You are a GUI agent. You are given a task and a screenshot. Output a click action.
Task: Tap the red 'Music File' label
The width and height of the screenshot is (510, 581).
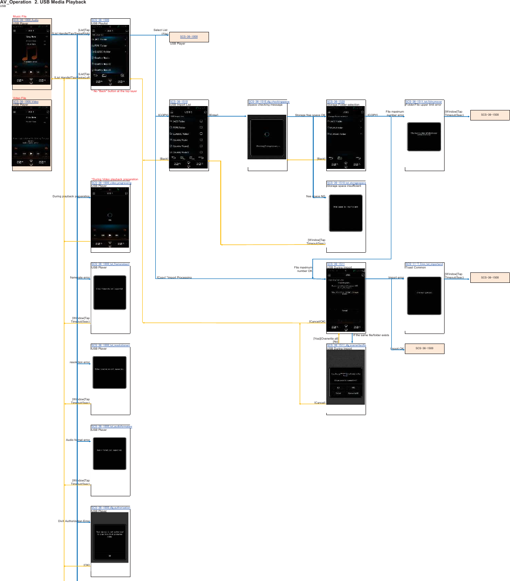(20, 17)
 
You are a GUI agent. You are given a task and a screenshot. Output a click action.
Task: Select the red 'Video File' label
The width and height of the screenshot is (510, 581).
(20, 98)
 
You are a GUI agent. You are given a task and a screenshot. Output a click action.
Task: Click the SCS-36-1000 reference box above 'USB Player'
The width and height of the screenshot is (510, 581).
(189, 37)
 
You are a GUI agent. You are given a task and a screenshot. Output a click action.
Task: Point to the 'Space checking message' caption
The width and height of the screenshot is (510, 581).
(265, 105)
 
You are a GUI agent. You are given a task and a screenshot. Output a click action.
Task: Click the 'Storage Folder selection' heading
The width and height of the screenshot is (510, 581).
(343, 105)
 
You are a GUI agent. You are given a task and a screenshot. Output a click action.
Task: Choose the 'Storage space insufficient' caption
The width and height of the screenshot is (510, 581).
(344, 186)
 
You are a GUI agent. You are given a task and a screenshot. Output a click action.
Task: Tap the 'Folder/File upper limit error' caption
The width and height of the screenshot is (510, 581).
(423, 105)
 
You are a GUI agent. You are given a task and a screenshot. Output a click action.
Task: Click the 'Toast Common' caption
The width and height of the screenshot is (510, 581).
(415, 268)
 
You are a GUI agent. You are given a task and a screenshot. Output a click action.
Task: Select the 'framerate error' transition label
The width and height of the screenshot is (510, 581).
(80, 278)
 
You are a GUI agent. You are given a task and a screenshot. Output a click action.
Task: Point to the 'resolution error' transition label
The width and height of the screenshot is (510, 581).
(80, 362)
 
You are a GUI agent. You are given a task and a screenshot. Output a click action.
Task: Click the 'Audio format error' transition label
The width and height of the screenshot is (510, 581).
(78, 440)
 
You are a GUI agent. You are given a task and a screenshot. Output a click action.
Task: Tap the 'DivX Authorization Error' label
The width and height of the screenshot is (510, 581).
(74, 521)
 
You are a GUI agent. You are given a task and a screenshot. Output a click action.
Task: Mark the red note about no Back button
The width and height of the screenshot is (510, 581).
(114, 91)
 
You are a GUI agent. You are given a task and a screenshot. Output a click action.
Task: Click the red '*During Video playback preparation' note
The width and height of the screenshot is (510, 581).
(115, 179)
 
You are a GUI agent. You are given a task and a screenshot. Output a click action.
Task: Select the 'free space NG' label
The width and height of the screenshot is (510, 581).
(316, 196)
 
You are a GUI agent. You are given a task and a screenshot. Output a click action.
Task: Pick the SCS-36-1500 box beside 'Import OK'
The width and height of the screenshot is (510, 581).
(424, 348)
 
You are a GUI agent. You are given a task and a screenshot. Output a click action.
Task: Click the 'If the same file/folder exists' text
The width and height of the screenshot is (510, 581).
(371, 335)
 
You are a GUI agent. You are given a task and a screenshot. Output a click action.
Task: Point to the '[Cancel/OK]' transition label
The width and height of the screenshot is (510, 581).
(317, 322)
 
